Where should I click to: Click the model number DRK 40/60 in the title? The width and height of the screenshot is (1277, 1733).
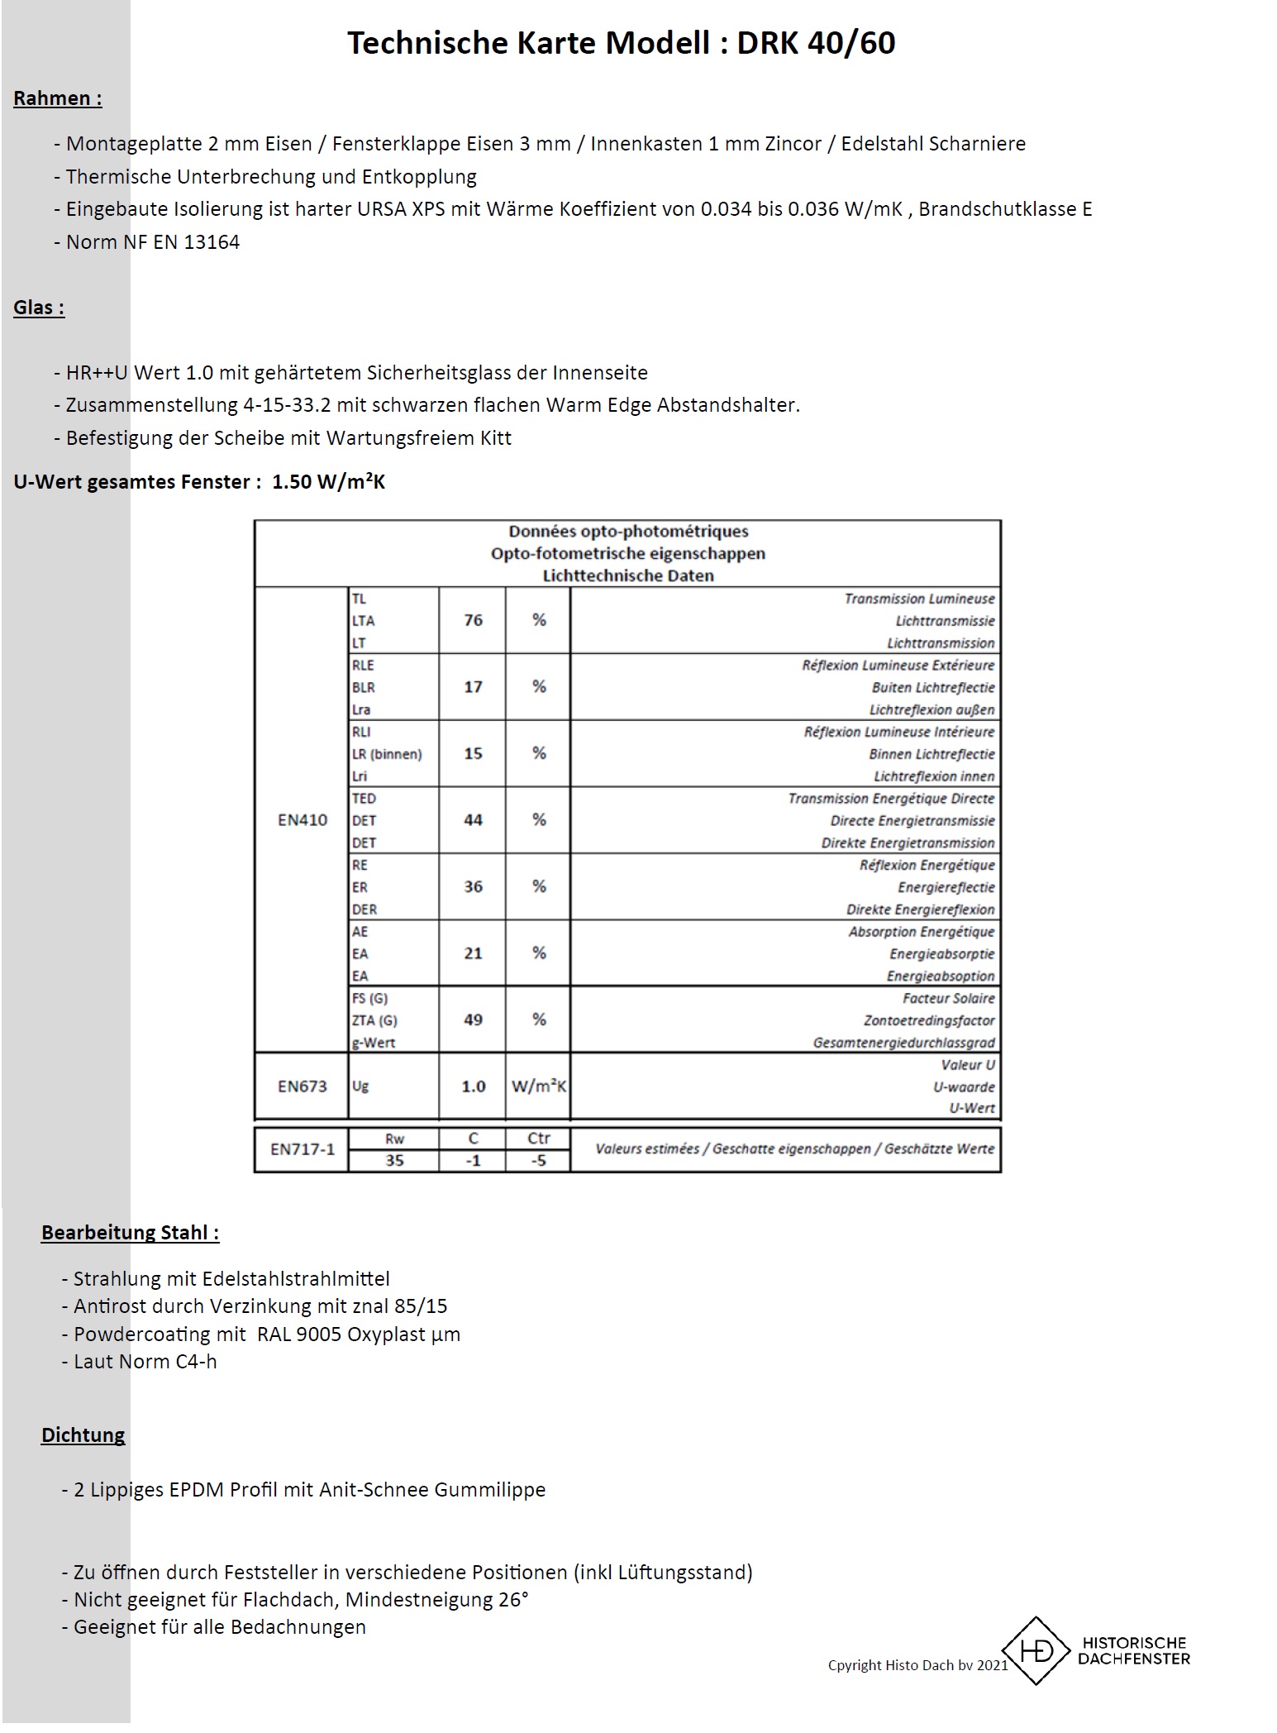pyautogui.click(x=815, y=43)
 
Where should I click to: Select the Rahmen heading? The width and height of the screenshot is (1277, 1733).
pyautogui.click(x=57, y=98)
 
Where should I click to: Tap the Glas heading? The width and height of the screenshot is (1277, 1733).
pyautogui.click(x=38, y=308)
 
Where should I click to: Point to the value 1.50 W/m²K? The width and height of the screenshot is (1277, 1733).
pyautogui.click(x=328, y=482)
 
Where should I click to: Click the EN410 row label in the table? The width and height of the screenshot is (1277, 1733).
pyautogui.click(x=302, y=820)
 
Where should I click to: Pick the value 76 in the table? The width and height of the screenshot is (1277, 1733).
pyautogui.click(x=473, y=620)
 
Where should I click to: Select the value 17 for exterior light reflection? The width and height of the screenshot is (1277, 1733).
pyautogui.click(x=473, y=687)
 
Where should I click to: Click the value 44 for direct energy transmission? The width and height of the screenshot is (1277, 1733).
pyautogui.click(x=473, y=820)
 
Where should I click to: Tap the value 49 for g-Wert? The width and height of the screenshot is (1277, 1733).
pyautogui.click(x=473, y=1020)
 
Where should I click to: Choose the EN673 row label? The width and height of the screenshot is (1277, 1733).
pyautogui.click(x=302, y=1086)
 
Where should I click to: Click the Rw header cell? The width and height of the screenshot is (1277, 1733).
pyautogui.click(x=394, y=1139)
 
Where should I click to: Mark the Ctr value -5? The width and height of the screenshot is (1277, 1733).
pyautogui.click(x=538, y=1161)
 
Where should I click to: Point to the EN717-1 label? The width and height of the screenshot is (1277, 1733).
pyautogui.click(x=302, y=1149)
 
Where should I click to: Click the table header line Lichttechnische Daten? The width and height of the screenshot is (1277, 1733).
pyautogui.click(x=627, y=575)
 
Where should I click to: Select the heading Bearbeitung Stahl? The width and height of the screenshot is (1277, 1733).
pyautogui.click(x=130, y=1233)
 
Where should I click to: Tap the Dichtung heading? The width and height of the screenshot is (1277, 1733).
pyautogui.click(x=83, y=1435)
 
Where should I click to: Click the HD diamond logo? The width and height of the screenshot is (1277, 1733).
pyautogui.click(x=1036, y=1651)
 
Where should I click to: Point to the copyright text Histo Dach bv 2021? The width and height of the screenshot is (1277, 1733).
pyautogui.click(x=917, y=1665)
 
